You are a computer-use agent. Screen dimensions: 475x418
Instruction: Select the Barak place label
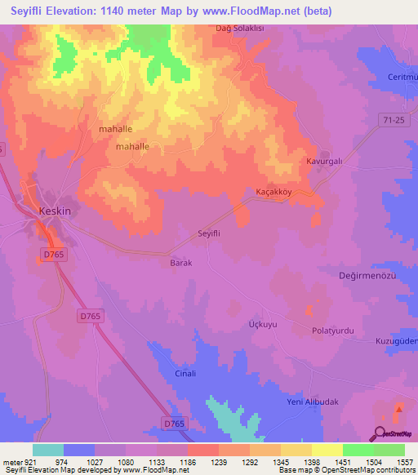pos(180,263)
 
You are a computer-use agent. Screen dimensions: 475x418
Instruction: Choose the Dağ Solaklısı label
pos(263,28)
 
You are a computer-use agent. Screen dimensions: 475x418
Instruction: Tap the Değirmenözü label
pos(367,276)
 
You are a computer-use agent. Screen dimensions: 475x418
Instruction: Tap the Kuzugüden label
pos(396,340)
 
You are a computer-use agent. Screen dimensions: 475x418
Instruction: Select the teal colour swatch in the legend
pos(48,450)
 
